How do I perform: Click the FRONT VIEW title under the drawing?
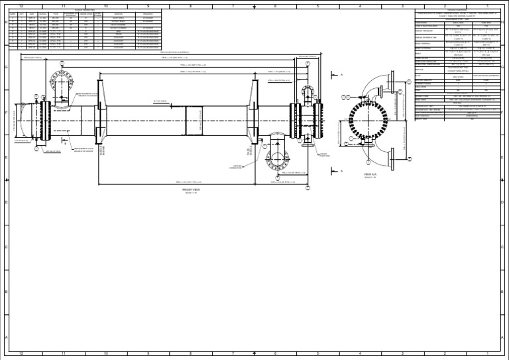191,189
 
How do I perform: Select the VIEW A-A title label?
370,175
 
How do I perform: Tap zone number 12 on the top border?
21,6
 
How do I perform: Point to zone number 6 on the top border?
275,6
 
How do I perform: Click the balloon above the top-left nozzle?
62,64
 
